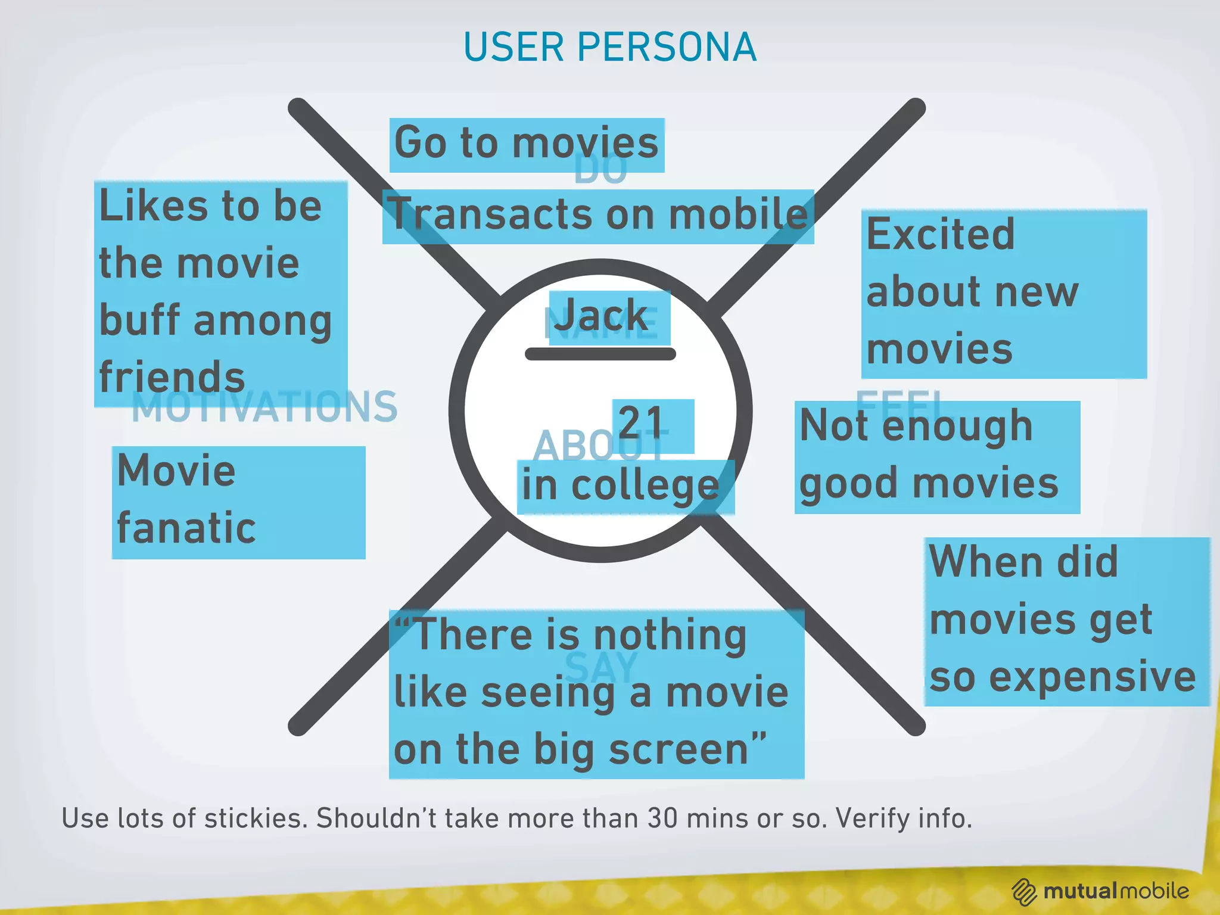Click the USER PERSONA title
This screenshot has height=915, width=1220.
point(609,47)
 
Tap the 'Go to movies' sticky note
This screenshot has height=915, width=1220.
point(527,145)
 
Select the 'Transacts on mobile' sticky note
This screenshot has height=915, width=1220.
point(597,216)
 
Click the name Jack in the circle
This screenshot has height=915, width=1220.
point(602,316)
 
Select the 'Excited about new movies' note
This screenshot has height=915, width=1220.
point(1003,293)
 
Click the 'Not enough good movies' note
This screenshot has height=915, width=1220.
point(936,456)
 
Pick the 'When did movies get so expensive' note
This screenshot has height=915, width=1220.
point(1066,621)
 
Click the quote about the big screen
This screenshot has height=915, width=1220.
point(596,693)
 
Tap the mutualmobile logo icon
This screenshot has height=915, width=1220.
point(1024,892)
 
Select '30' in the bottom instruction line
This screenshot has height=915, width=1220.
point(662,818)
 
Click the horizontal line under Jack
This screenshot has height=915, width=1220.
point(600,354)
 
